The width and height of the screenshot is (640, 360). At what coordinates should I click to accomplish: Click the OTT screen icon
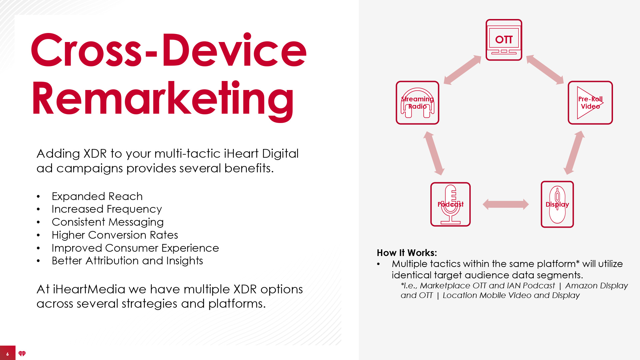[x=504, y=40]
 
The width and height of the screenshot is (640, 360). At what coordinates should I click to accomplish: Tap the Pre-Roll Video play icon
[x=590, y=103]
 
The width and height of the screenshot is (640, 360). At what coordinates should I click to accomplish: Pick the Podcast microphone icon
[x=450, y=204]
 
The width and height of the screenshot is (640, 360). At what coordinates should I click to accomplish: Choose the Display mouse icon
[x=557, y=204]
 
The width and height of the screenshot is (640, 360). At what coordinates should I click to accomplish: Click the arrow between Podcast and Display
[x=506, y=204]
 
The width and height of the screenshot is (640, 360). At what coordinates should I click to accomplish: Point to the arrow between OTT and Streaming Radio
[x=462, y=70]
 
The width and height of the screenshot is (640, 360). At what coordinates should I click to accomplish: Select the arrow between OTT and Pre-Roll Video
[x=545, y=70]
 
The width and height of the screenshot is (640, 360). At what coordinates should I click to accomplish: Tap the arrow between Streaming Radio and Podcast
[x=434, y=153]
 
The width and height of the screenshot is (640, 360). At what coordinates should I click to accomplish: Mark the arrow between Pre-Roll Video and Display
[x=574, y=153]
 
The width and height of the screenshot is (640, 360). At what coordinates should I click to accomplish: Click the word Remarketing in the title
[x=163, y=99]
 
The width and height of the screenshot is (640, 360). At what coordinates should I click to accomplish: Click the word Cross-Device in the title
[x=169, y=50]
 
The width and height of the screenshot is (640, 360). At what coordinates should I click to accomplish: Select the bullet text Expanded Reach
[x=97, y=196]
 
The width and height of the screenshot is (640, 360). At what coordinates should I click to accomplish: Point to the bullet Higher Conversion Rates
[x=115, y=235]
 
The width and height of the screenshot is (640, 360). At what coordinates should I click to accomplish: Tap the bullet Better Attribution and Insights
[x=127, y=261]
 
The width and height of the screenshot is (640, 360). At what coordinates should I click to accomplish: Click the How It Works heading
[x=407, y=253]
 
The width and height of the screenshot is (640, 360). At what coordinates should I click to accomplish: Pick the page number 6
[x=8, y=354]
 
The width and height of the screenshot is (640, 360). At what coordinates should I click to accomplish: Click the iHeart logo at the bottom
[x=22, y=354]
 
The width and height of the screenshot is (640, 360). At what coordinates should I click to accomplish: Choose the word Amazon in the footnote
[x=580, y=286]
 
